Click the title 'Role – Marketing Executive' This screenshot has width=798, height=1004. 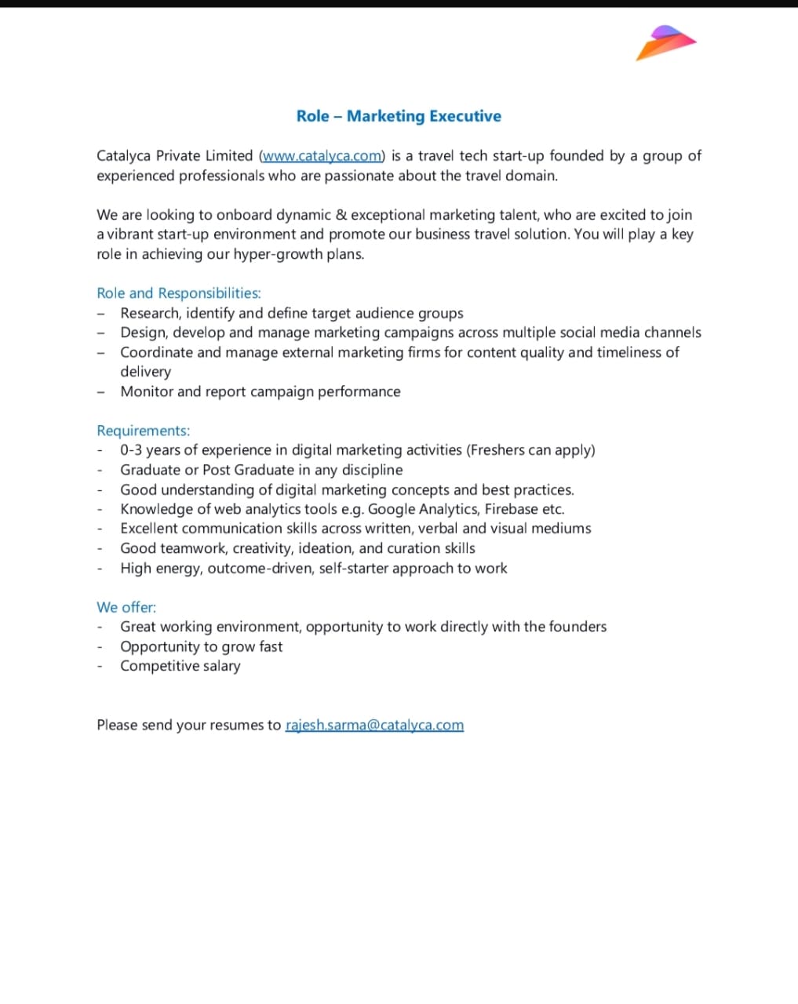pyautogui.click(x=399, y=116)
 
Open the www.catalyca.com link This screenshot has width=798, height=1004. pyautogui.click(x=322, y=156)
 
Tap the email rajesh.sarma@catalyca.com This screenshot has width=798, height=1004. pyautogui.click(x=374, y=725)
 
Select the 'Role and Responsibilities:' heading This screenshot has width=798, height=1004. pyautogui.click(x=179, y=293)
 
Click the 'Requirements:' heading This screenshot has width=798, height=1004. pyautogui.click(x=144, y=431)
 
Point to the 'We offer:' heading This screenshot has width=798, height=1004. pyautogui.click(x=126, y=607)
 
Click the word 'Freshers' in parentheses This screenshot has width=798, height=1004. pyautogui.click(x=499, y=450)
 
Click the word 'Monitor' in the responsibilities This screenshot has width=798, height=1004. pyautogui.click(x=148, y=391)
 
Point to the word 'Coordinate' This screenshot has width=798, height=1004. pyautogui.click(x=156, y=352)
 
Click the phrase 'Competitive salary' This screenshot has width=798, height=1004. pyautogui.click(x=180, y=666)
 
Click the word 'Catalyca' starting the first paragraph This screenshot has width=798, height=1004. pyautogui.click(x=123, y=156)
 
